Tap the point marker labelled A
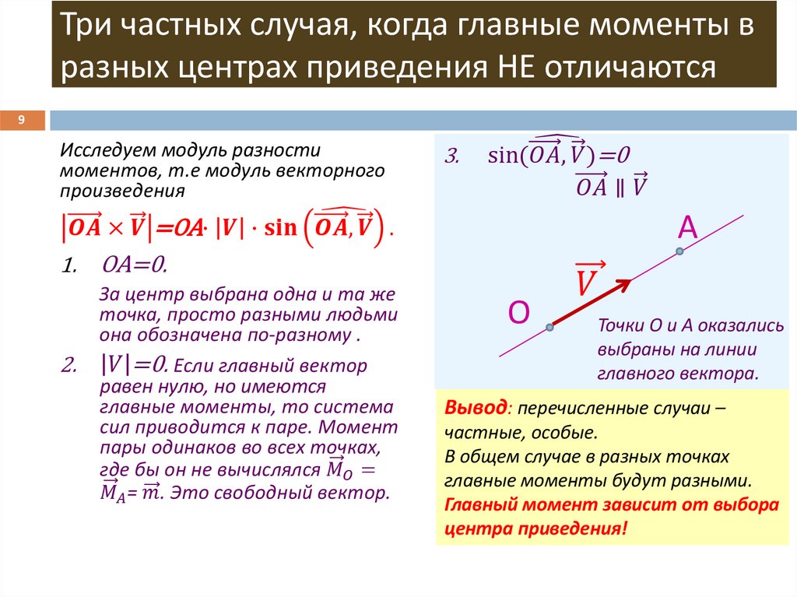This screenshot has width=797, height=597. [x=679, y=251]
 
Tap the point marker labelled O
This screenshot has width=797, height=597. [x=550, y=328]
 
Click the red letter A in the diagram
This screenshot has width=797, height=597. [x=687, y=227]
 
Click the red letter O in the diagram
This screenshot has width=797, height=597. [x=519, y=312]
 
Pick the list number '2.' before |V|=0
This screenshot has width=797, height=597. [x=68, y=365]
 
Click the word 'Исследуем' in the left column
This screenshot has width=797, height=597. [x=98, y=148]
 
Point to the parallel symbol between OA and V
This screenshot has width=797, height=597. [x=620, y=187]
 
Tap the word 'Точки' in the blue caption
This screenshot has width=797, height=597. [x=618, y=327]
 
